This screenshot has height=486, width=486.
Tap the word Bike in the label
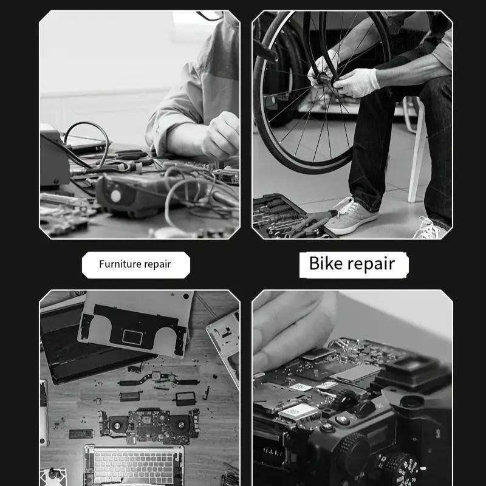pyautogui.click(x=326, y=264)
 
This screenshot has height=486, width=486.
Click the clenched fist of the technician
pyautogui.click(x=221, y=135)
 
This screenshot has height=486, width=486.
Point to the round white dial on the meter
pyautogui.click(x=115, y=196)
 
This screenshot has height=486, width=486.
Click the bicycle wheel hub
pyautogui.click(x=323, y=78)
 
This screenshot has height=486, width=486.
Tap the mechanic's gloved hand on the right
pyautogui.click(x=357, y=83)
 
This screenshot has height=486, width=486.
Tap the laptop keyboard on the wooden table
pyautogui.click(x=134, y=465)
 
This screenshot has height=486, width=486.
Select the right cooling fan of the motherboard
pyautogui.click(x=179, y=424)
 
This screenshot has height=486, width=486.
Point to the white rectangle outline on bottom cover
pyautogui.click(x=132, y=337)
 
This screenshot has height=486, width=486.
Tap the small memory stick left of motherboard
pyautogui.click(x=81, y=434)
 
